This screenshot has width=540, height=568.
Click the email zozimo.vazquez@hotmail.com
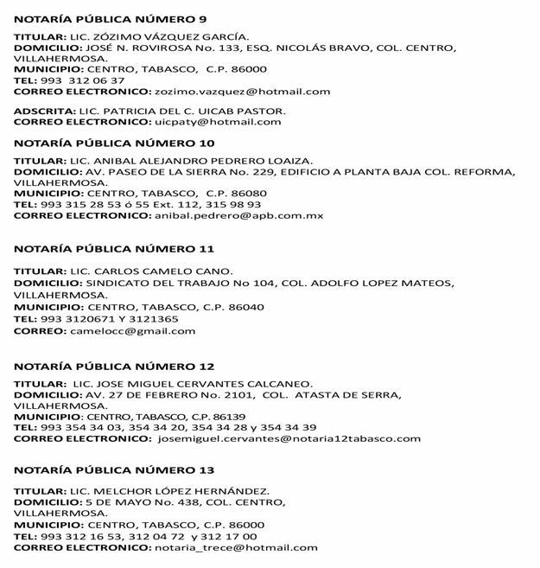(242, 92)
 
